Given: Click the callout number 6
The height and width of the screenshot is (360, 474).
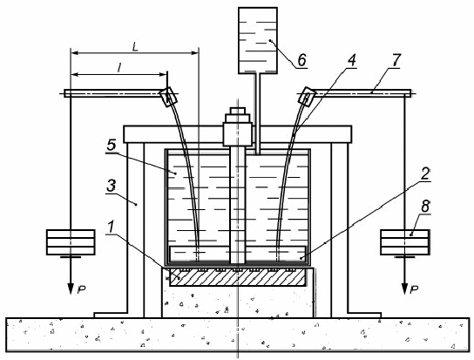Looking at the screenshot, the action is click(x=302, y=60).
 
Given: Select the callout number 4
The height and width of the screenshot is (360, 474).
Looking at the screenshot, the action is click(x=351, y=60).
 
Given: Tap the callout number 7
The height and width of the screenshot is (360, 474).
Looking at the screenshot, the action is click(x=396, y=60).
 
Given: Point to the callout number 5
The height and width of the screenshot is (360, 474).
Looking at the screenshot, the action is click(x=112, y=145).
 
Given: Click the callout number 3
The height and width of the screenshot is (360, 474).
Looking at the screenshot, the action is click(x=112, y=185).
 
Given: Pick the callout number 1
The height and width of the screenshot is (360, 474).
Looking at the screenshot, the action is click(x=112, y=227).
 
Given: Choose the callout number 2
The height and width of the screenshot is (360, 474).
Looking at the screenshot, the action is click(x=425, y=173).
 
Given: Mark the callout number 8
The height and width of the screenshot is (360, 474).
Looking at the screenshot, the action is click(x=425, y=207).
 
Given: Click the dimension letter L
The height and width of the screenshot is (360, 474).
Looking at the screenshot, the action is click(x=135, y=46).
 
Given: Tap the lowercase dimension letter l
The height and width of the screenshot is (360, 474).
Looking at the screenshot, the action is click(x=119, y=68).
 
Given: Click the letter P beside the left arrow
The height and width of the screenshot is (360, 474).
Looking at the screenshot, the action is click(x=81, y=289).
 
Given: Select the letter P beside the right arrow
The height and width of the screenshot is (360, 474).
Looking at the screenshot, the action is click(x=414, y=289).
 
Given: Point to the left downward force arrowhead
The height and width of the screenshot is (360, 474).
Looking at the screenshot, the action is click(x=71, y=289).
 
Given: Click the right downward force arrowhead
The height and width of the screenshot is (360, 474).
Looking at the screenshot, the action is click(x=404, y=289).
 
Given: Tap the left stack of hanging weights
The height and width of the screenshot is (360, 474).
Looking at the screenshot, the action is click(x=71, y=242).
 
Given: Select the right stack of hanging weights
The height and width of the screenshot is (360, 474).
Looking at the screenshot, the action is click(x=404, y=242).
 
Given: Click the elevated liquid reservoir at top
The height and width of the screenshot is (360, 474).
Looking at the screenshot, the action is click(x=258, y=41).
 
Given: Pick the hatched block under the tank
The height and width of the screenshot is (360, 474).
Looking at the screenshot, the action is click(x=238, y=277).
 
